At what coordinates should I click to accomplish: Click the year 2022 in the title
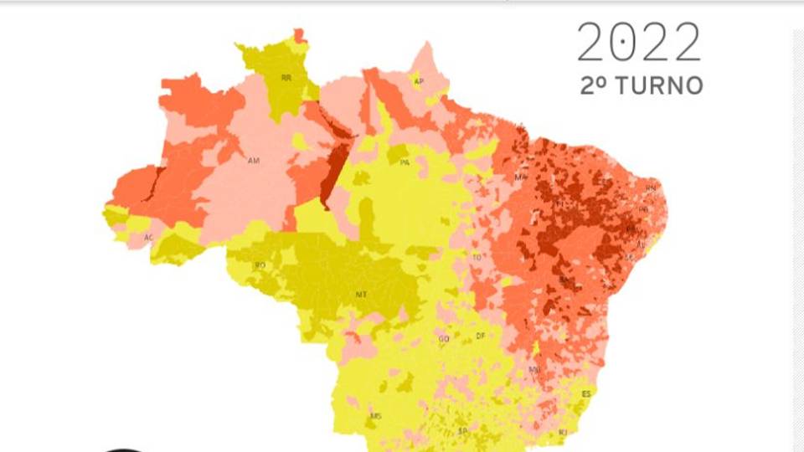pos(639,42)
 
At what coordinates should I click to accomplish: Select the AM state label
pos(254,159)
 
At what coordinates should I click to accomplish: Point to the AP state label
pos(419,81)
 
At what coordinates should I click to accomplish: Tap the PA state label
pos(404,162)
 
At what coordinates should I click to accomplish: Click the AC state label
pos(148,238)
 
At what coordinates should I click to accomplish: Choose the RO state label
pos(260,265)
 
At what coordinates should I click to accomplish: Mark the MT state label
pos(361,294)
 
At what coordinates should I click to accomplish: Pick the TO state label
pos(477,257)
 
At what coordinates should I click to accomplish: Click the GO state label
pos(443,338)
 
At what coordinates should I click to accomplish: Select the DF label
pos(480,336)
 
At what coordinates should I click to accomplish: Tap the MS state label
pos(375,415)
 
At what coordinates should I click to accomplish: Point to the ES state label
pos(586,393)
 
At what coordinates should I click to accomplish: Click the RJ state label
pos(563,431)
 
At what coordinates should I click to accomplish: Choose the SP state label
pos(462,431)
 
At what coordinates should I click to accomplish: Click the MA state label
pos(521,177)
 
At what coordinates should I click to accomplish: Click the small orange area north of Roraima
pos(300,35)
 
